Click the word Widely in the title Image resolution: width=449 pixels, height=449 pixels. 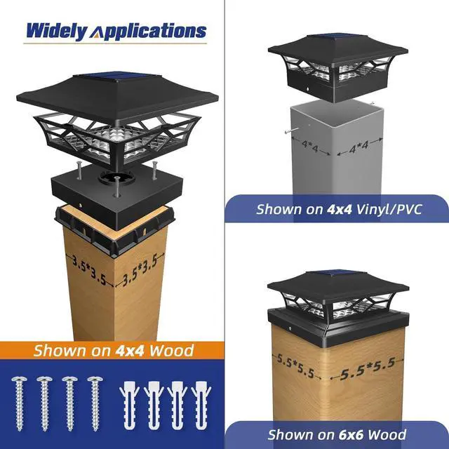(57, 31)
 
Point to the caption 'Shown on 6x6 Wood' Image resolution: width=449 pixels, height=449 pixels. (337, 435)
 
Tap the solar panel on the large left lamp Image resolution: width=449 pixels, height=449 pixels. (113, 79)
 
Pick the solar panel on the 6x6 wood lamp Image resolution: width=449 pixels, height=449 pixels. (337, 274)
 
